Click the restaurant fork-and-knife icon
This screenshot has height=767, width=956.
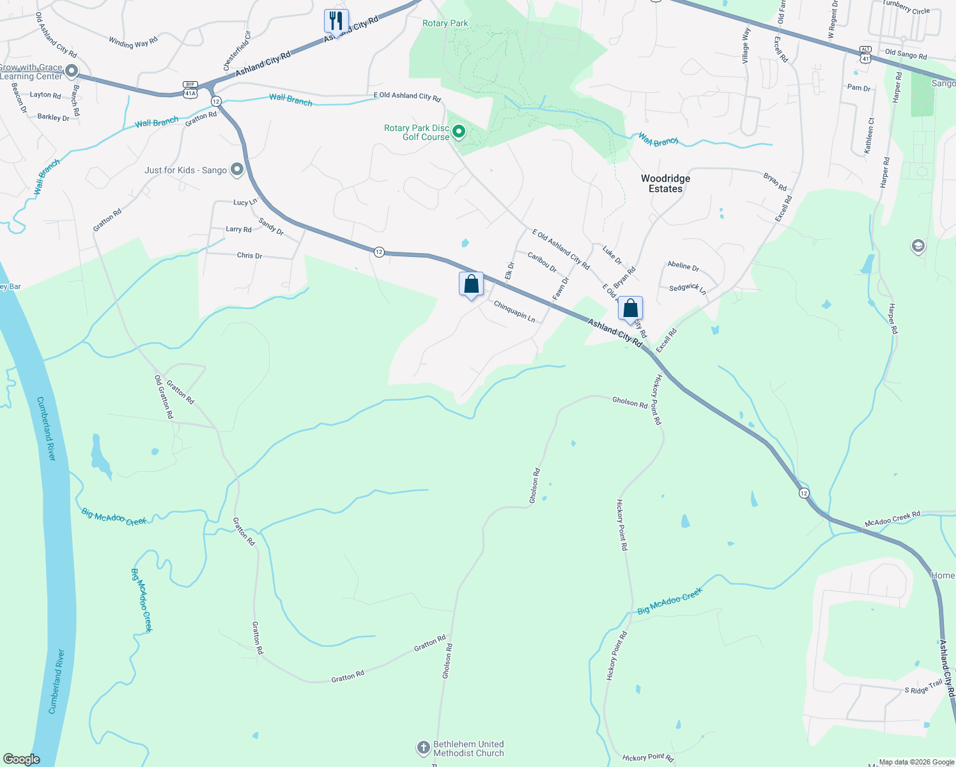(x=335, y=20)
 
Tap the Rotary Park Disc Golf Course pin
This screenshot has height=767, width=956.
(x=458, y=132)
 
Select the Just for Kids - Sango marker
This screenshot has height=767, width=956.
(x=237, y=169)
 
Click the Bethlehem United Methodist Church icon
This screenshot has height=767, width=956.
(x=423, y=747)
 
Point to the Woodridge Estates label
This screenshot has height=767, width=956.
(x=665, y=183)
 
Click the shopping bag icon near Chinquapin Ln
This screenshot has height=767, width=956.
(x=471, y=284)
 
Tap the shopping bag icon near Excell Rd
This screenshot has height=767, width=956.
(x=630, y=309)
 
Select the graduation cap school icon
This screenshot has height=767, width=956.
(x=918, y=246)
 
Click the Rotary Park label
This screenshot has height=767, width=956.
(x=445, y=23)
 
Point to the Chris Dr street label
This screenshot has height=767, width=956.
(x=249, y=255)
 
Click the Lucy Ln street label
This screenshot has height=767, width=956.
(x=245, y=202)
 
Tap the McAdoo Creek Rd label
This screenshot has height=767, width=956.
(x=892, y=518)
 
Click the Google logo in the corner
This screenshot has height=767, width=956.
(x=21, y=759)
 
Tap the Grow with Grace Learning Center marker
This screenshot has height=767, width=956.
(x=72, y=71)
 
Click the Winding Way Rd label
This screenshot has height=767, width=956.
(x=133, y=42)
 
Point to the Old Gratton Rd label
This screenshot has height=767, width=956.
(x=164, y=397)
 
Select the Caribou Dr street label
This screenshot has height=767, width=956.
(x=542, y=262)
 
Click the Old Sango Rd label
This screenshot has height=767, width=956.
(x=906, y=54)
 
